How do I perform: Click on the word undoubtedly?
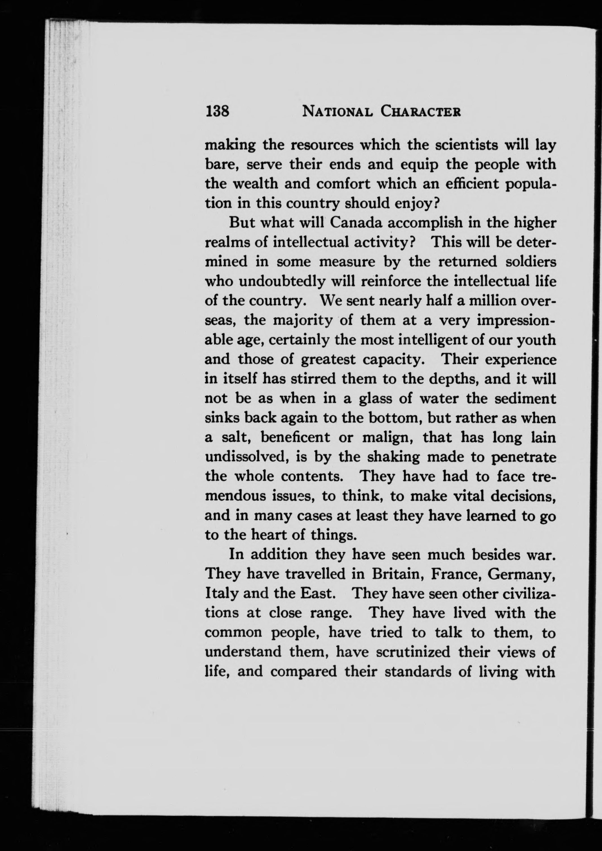[x=282, y=281]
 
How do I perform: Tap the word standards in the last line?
[x=418, y=671]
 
